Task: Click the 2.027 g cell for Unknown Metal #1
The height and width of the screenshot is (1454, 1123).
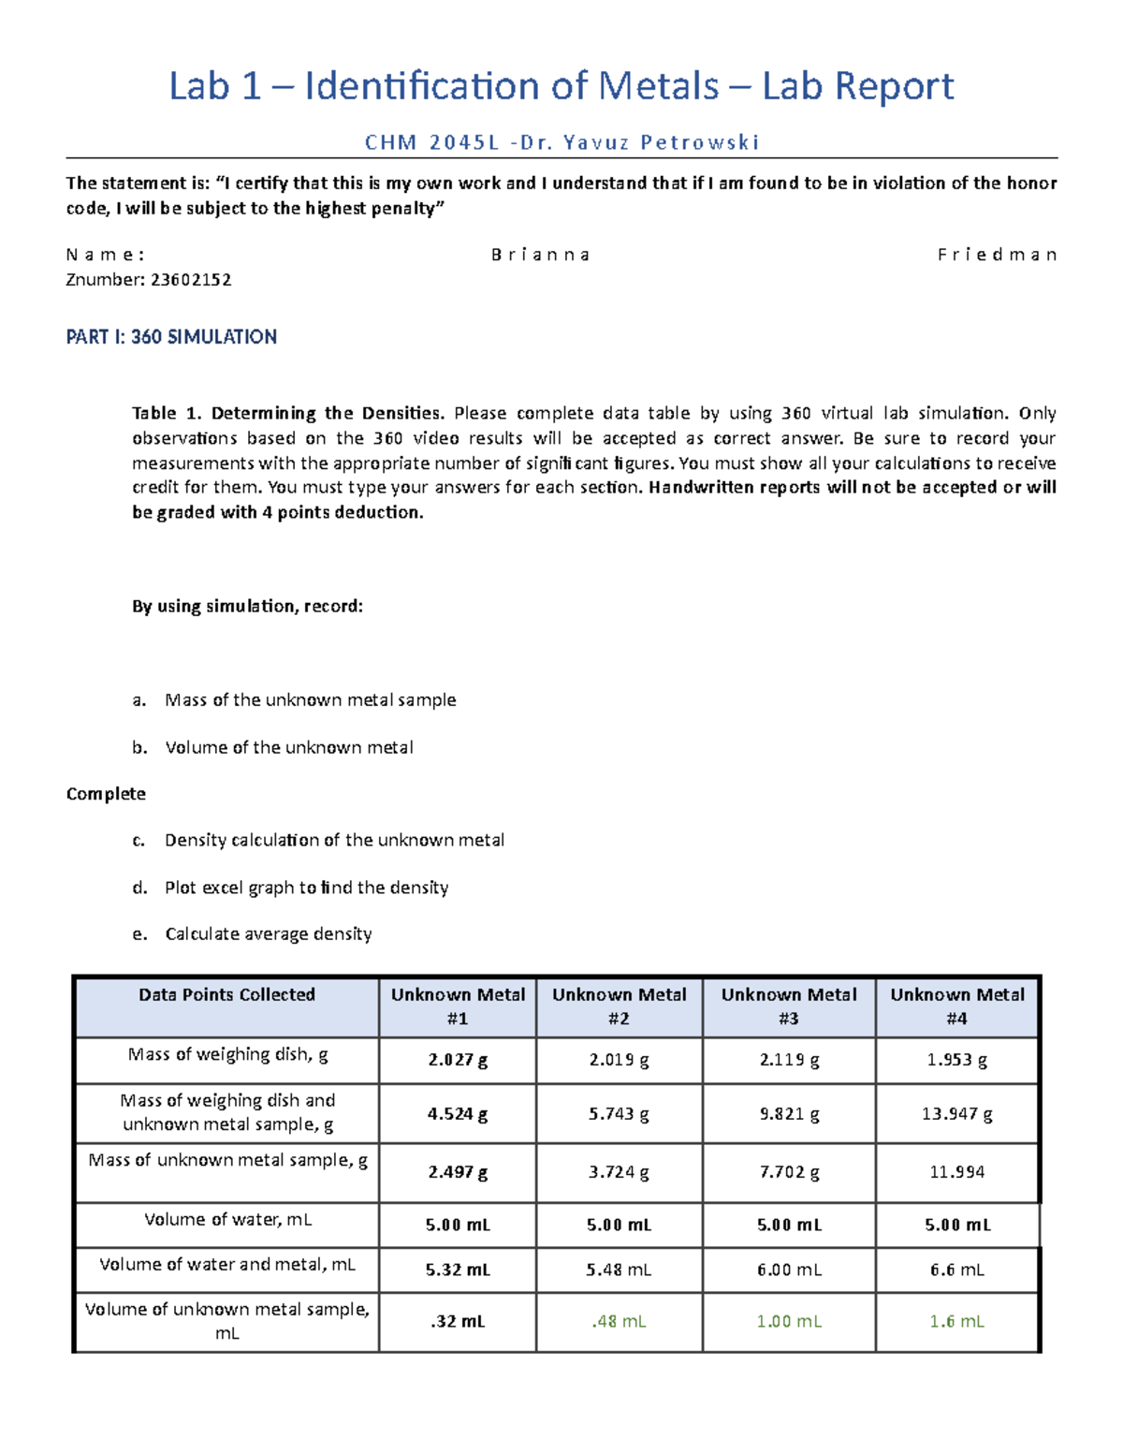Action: coord(458,1061)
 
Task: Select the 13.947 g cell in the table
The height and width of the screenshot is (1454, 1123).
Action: coord(956,1114)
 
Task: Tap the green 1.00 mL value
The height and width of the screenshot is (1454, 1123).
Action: coord(789,1322)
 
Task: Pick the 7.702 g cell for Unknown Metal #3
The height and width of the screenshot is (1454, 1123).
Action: coord(789,1172)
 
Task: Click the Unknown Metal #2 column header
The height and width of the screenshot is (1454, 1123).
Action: coord(619,1006)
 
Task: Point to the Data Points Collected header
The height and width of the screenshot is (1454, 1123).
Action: coord(226,995)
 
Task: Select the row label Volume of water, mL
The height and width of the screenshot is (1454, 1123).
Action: coord(227,1220)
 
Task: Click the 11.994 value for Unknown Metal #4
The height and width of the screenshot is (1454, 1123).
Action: coord(956,1172)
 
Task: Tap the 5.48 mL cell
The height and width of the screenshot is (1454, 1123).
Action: coord(619,1270)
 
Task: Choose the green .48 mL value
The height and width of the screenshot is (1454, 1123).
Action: coord(619,1322)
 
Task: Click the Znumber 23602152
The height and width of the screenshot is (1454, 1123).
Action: coord(149,280)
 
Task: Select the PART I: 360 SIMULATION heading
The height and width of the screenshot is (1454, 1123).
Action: coord(171,337)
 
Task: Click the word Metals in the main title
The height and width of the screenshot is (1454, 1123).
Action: coord(658,86)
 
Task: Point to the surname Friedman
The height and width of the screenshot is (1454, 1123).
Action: coord(997,255)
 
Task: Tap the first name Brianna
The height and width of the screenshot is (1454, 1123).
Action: coord(541,255)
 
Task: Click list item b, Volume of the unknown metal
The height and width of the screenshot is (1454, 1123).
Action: coord(288,748)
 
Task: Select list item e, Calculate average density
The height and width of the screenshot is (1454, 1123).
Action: coord(268,934)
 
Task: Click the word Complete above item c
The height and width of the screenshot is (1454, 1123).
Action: coord(106,794)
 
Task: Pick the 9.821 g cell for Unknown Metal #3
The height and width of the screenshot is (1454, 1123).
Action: coord(789,1114)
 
